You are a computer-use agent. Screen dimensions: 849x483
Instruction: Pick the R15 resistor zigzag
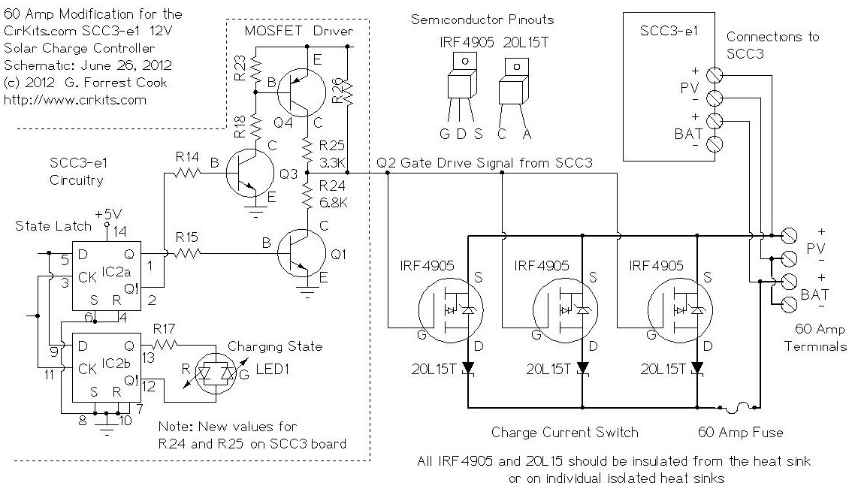click(x=187, y=253)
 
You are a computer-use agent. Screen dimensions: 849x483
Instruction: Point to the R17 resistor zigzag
click(x=164, y=344)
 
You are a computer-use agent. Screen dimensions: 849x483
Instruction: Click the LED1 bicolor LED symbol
click(x=216, y=373)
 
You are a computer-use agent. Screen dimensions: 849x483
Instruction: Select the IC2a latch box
click(x=107, y=276)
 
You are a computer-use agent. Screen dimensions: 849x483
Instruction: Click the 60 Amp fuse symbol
click(x=739, y=407)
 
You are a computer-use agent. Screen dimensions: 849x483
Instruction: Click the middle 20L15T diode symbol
click(x=582, y=368)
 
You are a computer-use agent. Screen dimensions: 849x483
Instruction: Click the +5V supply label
click(x=108, y=213)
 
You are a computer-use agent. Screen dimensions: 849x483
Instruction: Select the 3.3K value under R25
click(x=332, y=162)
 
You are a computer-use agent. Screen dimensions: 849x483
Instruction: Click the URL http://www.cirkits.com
click(x=74, y=100)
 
